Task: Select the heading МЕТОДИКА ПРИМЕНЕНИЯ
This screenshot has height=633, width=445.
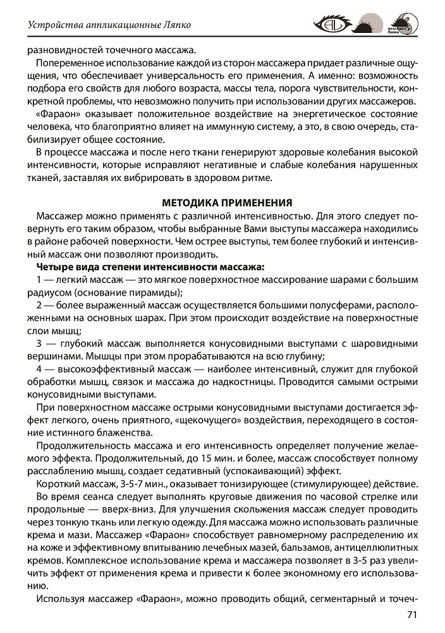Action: (227, 203)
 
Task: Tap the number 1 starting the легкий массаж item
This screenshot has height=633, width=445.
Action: (40, 279)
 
